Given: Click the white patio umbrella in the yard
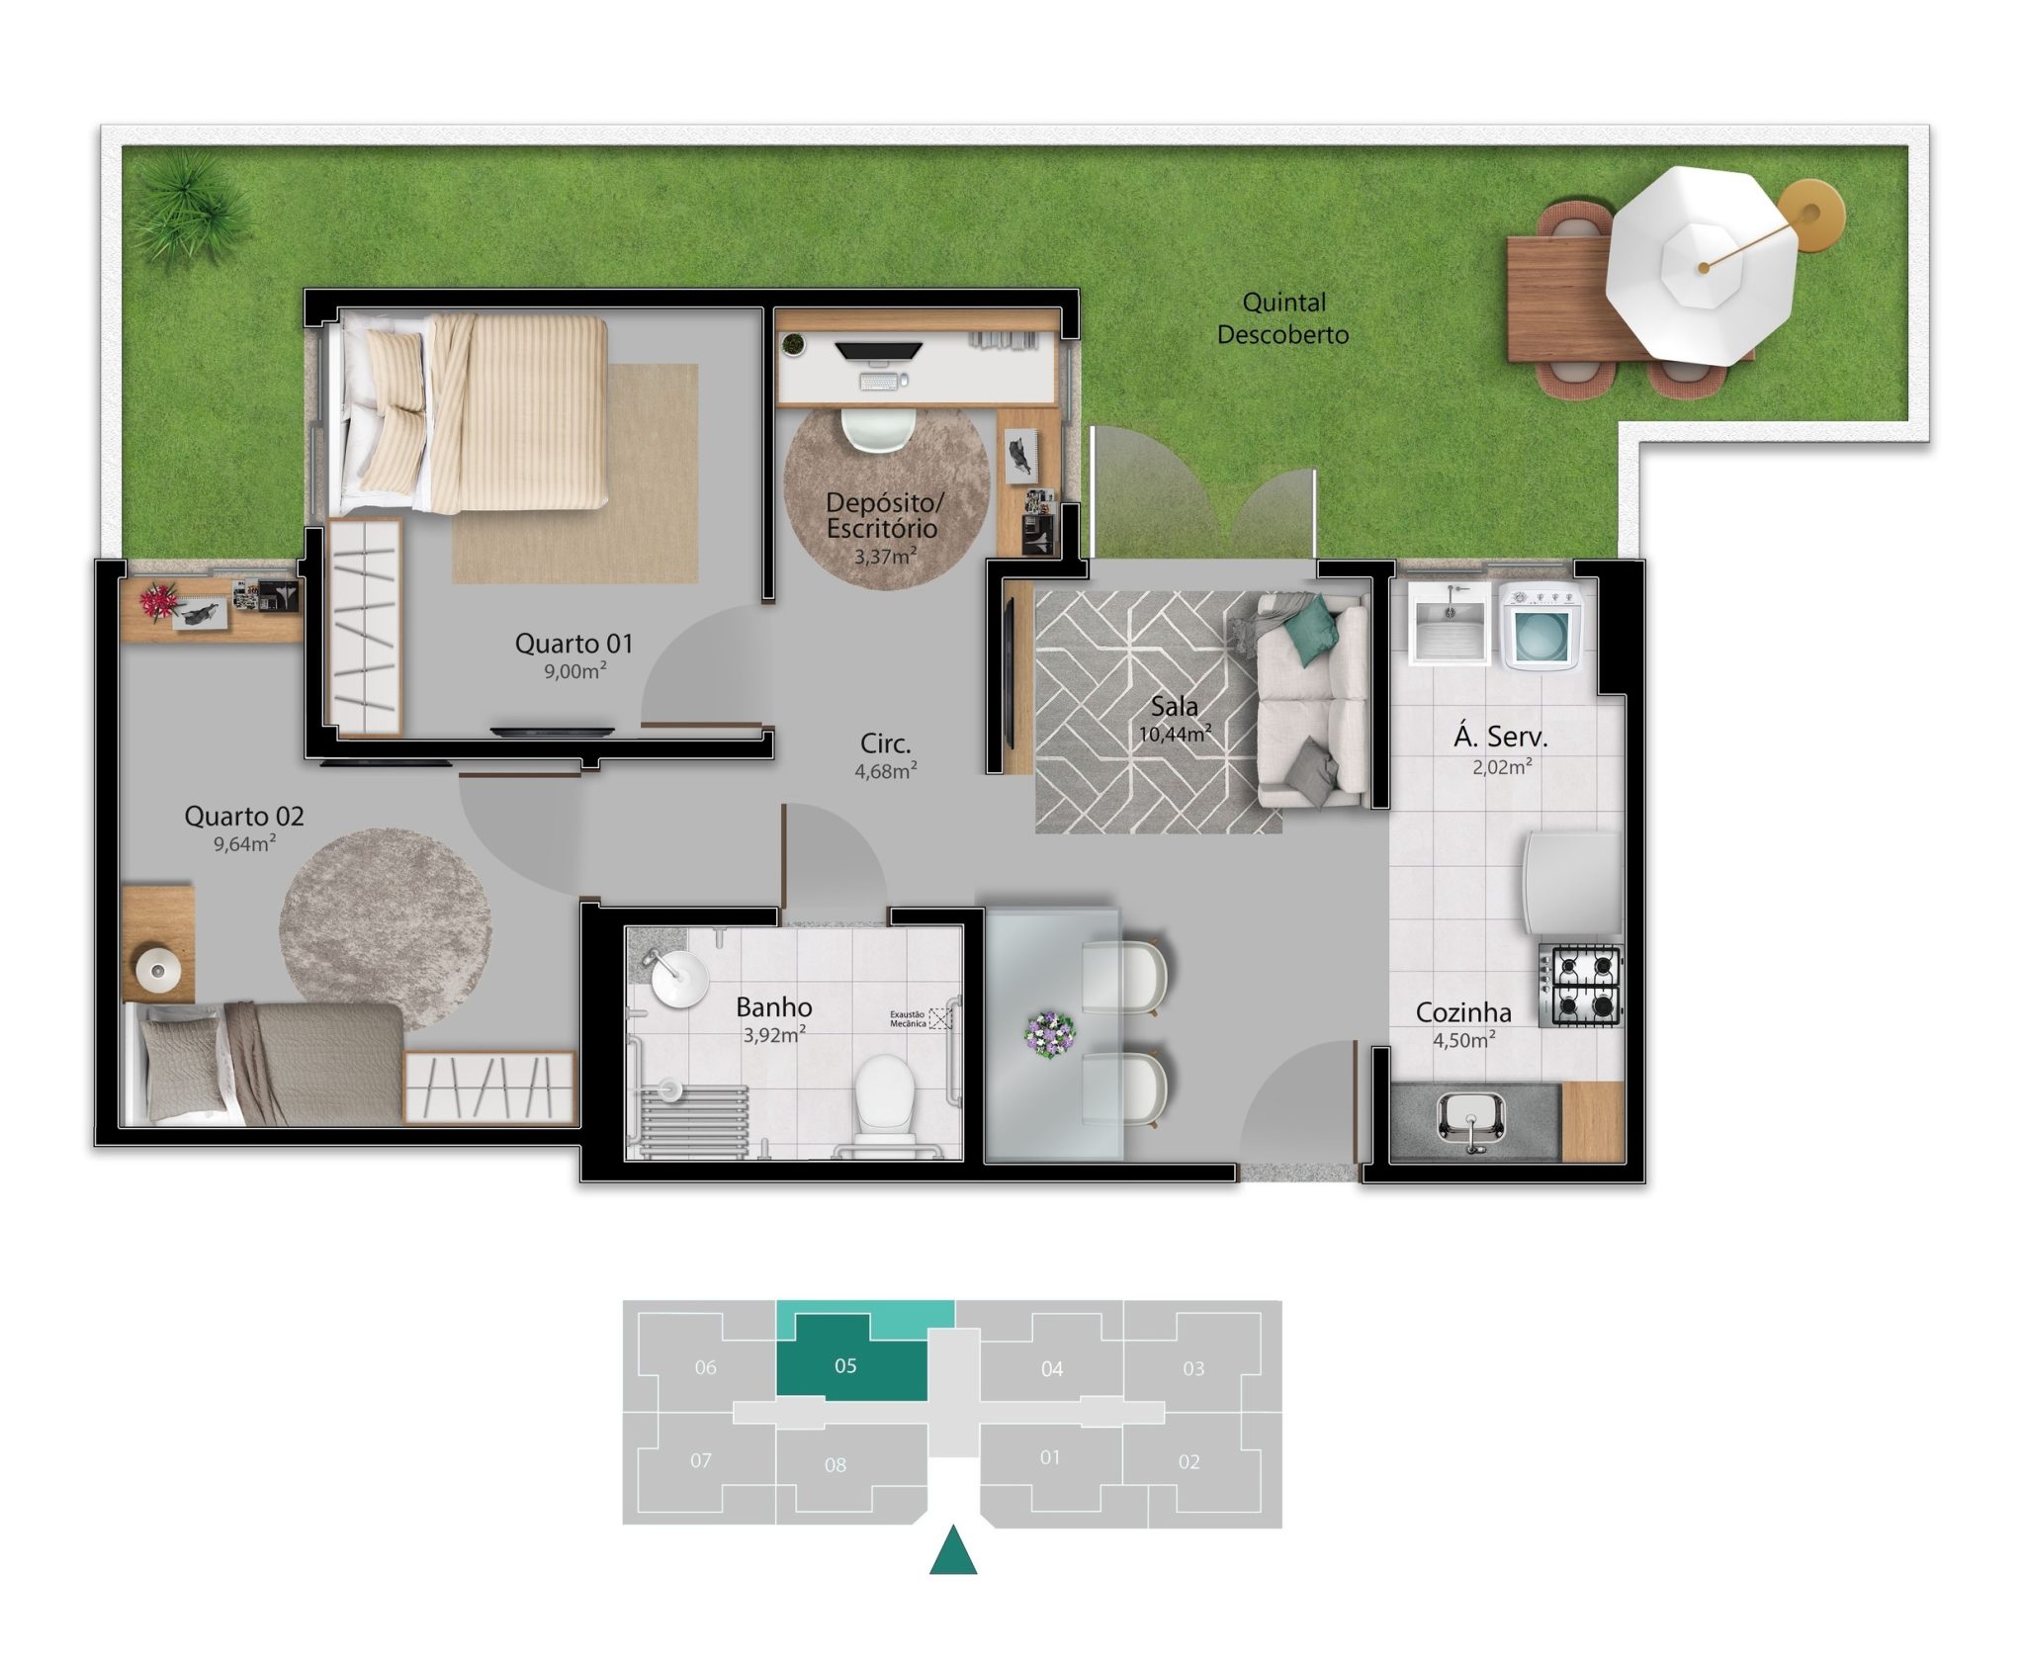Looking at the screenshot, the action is [x=1701, y=265].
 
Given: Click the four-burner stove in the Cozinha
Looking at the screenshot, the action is [x=1580, y=985].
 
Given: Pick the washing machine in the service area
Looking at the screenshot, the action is [x=1540, y=626].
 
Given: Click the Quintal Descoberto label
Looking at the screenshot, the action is [x=1282, y=318].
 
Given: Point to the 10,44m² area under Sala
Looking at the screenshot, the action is [x=1175, y=735].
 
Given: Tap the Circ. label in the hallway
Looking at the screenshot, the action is [x=885, y=743].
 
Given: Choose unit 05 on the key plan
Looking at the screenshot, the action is [x=845, y=1365].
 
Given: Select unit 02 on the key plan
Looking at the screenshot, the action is [x=1189, y=1461].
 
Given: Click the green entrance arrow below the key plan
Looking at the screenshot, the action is [x=953, y=1549].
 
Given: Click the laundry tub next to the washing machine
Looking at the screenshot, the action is [x=1450, y=624].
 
